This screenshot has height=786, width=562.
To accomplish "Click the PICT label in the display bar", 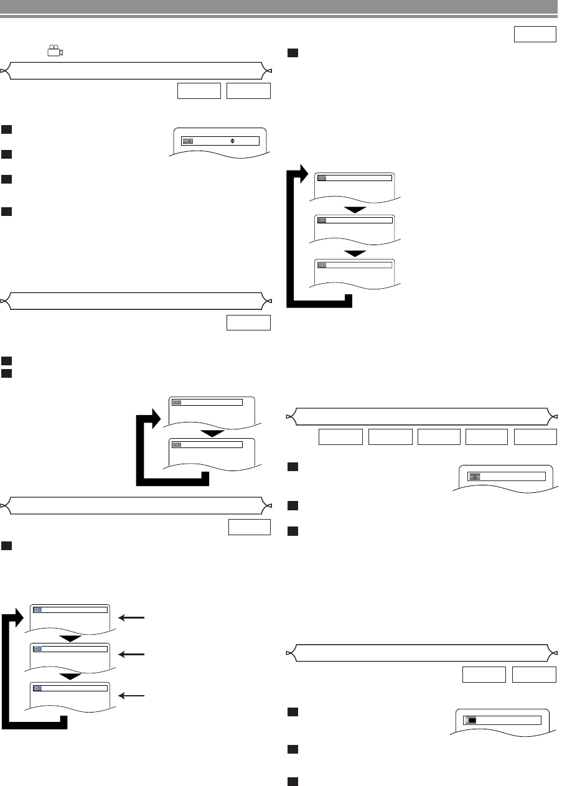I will click(188, 141).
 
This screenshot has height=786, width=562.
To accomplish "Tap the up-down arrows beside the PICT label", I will click(232, 141).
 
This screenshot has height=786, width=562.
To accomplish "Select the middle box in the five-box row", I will click(438, 437).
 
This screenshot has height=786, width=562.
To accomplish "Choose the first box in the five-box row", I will click(340, 437).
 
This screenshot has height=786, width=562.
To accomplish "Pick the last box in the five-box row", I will click(535, 437).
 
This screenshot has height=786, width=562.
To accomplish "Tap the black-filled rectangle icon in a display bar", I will click(472, 719).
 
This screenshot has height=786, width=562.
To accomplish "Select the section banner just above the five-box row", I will click(421, 415).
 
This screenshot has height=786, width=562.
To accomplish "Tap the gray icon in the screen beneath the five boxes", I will click(474, 476).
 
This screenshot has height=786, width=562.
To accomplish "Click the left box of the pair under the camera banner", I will click(199, 91).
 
